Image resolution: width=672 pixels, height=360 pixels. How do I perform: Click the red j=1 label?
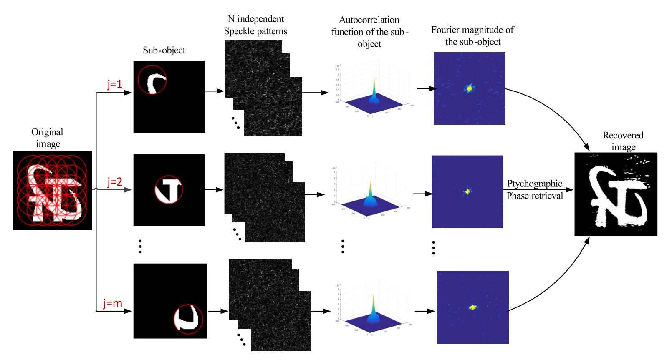coord(115,84)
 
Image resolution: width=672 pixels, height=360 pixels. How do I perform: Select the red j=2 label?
coord(115,182)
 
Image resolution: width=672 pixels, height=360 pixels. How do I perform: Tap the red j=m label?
coord(113,303)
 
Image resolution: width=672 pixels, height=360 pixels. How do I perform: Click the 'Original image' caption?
coord(48,138)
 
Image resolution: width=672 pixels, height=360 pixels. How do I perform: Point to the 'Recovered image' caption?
coord(623,141)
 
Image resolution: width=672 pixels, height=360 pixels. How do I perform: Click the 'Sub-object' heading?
coord(164,50)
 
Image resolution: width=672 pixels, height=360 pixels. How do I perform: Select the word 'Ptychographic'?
coord(535,184)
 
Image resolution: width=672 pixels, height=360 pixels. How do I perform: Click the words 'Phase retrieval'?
coord(535,196)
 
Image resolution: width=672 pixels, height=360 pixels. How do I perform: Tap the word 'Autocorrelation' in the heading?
coord(369,20)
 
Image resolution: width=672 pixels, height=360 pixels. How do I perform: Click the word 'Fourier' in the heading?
coord(446,30)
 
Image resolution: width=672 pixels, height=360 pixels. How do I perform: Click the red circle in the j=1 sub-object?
coord(152,79)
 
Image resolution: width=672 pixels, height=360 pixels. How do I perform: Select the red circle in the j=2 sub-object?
coord(169,189)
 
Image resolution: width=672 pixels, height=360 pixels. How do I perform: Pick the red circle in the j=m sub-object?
coord(188,319)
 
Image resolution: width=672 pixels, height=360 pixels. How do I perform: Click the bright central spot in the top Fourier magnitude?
coord(469,88)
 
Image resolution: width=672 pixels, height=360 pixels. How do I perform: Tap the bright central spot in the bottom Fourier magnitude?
coord(473,307)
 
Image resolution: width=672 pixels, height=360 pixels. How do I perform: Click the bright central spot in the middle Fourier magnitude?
coord(467,192)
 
